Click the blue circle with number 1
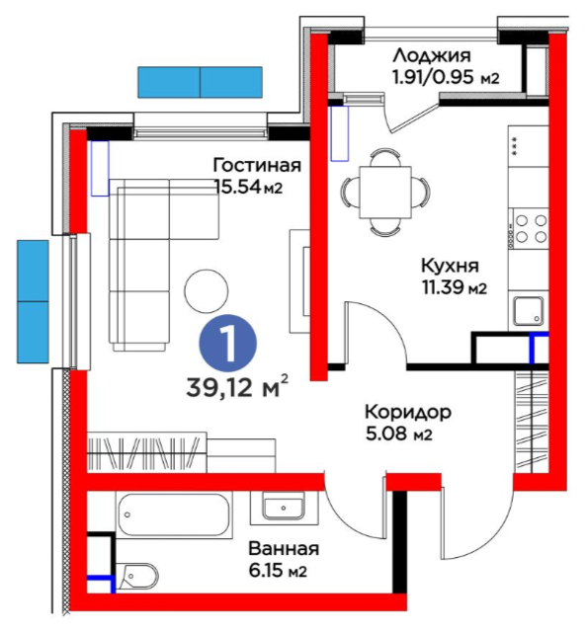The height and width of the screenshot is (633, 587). (228, 343)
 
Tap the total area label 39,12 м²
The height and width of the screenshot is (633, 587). (237, 387)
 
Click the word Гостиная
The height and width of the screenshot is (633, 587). (257, 165)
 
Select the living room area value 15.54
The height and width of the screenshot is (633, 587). (238, 187)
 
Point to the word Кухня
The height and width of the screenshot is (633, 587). (450, 267)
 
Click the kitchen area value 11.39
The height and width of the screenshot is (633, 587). (444, 288)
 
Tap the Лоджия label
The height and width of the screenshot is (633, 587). (432, 55)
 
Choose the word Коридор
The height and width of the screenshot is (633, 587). (408, 412)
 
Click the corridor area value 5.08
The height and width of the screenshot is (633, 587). (387, 434)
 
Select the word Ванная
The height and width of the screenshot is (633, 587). (284, 549)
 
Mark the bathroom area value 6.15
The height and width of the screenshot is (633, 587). (266, 571)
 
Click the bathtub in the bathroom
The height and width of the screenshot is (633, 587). (175, 514)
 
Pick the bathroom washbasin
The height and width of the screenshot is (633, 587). (284, 508)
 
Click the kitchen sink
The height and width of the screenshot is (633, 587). (529, 311)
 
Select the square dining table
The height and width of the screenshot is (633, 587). (385, 193)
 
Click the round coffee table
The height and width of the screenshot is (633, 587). (206, 290)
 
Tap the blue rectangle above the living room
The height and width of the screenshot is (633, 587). (200, 82)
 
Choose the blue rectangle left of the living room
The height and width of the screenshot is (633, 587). (33, 301)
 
